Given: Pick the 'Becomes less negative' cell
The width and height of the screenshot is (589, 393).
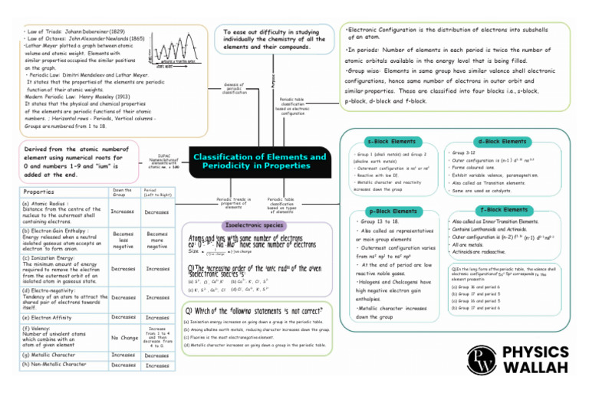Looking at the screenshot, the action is click(x=123, y=241).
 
